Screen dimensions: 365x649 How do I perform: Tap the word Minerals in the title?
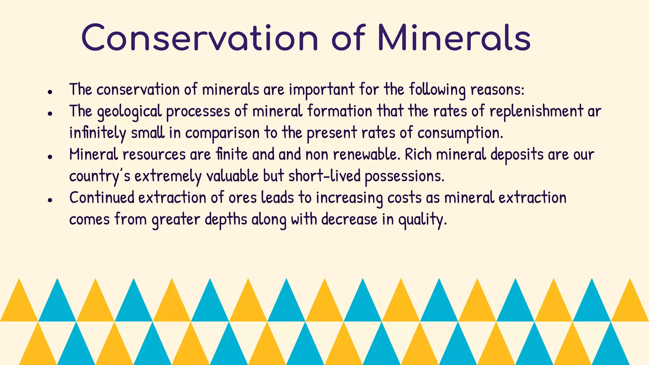point(454,38)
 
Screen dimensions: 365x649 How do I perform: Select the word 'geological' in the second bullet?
point(129,112)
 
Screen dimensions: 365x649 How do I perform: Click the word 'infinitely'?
point(97,133)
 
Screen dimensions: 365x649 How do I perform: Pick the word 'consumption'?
point(460,133)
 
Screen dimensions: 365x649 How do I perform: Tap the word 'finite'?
point(232,155)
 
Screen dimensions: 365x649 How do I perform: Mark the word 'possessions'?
point(404,176)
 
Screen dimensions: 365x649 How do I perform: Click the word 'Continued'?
point(102,198)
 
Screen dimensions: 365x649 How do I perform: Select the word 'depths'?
point(226,219)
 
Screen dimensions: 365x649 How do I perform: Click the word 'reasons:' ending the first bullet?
point(497,90)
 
